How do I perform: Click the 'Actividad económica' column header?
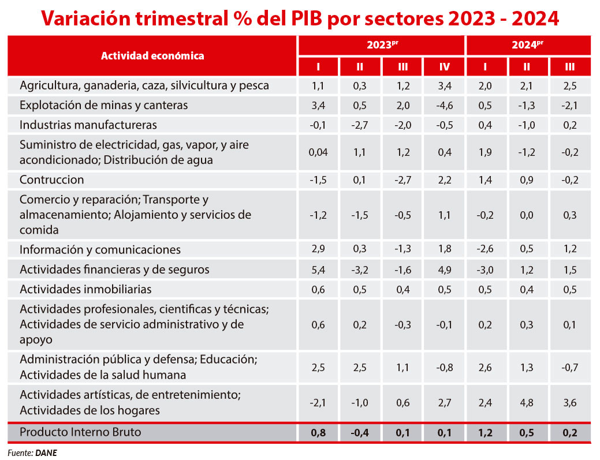[152, 56]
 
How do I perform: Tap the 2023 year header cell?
[381, 45]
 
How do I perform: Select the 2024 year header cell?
[528, 45]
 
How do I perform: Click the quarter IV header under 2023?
[444, 67]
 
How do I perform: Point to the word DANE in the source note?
[46, 453]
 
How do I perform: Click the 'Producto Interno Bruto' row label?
[80, 432]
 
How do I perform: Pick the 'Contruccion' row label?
[52, 179]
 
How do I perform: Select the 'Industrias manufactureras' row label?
[88, 125]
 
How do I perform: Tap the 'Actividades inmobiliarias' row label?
[85, 289]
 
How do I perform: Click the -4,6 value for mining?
[444, 106]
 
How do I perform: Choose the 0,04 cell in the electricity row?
[318, 152]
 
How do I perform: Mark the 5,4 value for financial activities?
[318, 270]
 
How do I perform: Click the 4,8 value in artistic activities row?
[527, 403]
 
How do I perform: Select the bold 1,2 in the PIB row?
[485, 432]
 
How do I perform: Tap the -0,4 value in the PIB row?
[359, 432]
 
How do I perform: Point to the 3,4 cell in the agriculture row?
[444, 86]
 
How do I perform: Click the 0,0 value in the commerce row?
[527, 215]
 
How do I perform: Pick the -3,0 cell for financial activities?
[485, 270]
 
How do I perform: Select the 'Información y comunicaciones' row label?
[100, 250]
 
